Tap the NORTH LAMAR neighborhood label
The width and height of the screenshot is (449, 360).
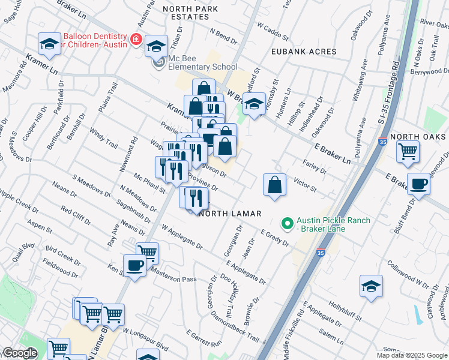point(230,214)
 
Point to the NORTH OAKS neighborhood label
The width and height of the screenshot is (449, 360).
point(418,137)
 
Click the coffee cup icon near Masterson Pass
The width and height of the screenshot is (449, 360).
point(134,265)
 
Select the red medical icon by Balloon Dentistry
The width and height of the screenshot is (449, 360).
point(136,40)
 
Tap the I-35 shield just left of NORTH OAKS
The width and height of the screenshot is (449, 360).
point(382,142)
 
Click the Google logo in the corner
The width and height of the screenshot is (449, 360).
point(20,353)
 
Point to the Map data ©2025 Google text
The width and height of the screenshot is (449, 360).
point(412,355)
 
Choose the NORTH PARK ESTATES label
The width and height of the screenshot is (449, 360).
point(187,12)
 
